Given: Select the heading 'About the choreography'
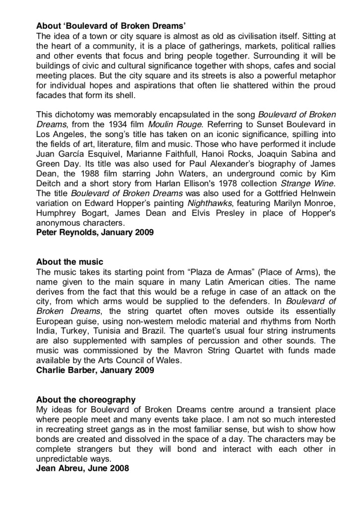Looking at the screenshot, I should point(86,400).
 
